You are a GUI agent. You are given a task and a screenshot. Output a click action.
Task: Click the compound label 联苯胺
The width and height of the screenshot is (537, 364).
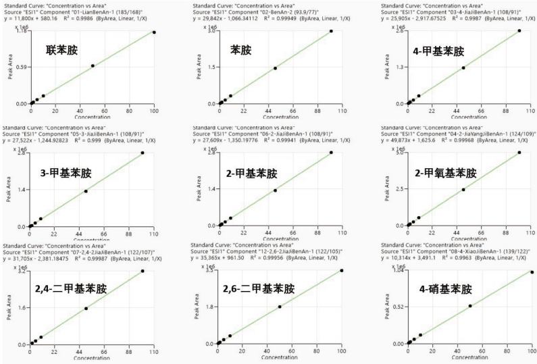click(x=63, y=51)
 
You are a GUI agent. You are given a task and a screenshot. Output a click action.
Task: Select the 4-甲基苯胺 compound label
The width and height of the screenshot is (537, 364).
click(x=440, y=51)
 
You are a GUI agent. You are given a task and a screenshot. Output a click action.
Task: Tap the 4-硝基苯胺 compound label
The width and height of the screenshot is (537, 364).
click(x=444, y=288)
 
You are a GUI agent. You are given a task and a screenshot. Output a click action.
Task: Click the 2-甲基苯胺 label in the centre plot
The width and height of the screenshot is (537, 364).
click(x=251, y=174)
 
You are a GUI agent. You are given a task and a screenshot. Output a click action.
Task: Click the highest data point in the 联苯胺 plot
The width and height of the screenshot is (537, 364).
click(x=154, y=32)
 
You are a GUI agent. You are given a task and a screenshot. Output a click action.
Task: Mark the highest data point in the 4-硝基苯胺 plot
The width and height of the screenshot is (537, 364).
click(x=532, y=272)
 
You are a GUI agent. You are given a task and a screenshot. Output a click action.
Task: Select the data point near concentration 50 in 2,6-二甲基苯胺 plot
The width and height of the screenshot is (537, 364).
click(x=279, y=307)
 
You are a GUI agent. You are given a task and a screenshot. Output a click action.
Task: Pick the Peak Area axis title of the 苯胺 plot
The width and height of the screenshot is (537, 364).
click(x=199, y=68)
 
